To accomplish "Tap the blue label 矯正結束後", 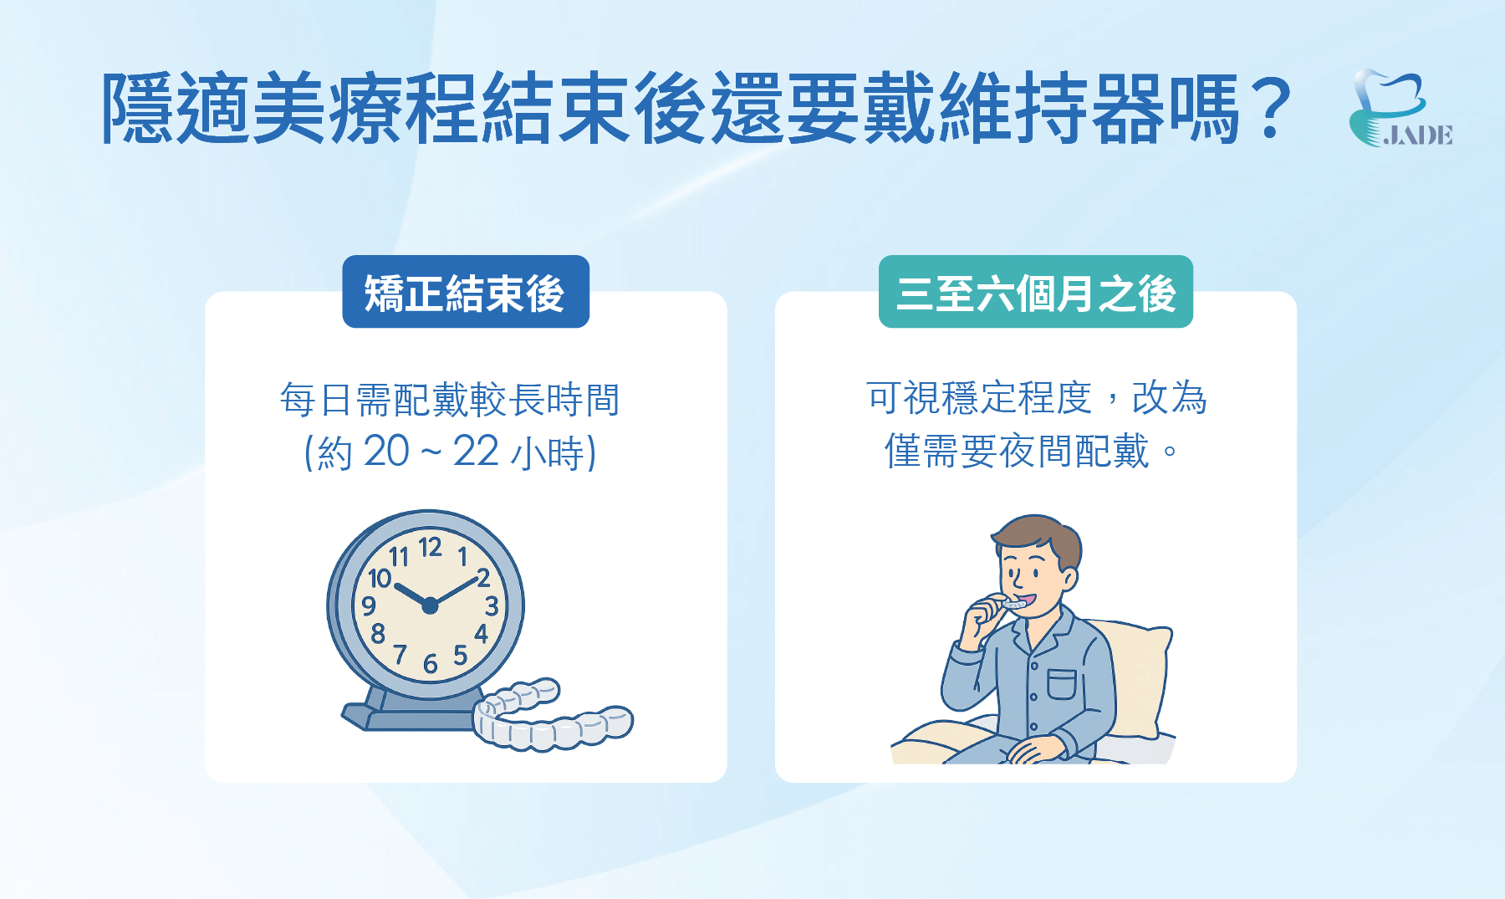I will pos(465,292).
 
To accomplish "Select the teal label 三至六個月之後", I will pos(1035,292).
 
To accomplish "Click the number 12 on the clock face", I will pos(430,548).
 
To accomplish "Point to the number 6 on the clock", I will pos(430,664).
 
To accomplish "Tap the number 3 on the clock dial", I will pos(492,605).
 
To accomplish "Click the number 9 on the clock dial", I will pos(369,605).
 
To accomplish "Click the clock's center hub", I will pos(430,605).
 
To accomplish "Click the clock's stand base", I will pos(401,717).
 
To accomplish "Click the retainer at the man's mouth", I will pos(1015,604).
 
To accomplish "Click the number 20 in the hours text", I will pos(386,452).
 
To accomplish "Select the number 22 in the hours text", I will pos(476,452).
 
